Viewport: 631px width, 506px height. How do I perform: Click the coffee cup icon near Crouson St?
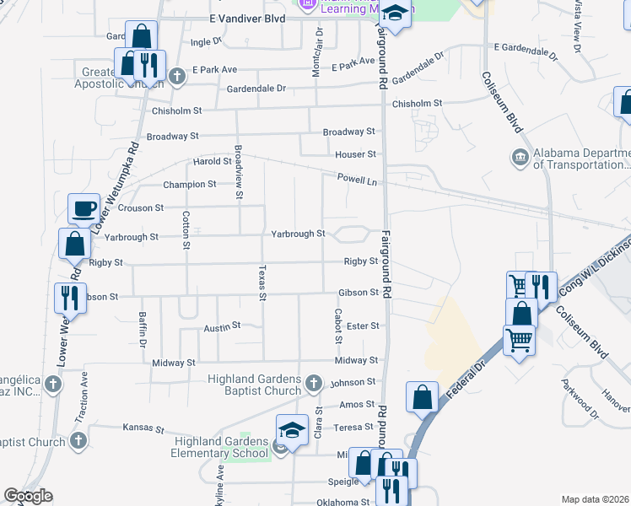(x=84, y=208)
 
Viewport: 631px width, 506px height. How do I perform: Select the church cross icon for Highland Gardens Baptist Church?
(x=314, y=384)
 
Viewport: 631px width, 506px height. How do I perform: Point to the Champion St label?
(x=184, y=184)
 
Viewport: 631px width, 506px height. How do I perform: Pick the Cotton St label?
(x=186, y=229)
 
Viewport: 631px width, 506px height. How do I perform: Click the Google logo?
(x=28, y=496)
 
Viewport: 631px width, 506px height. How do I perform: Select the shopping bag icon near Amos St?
(x=422, y=396)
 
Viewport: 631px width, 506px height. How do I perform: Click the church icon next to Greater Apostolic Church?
(x=176, y=77)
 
